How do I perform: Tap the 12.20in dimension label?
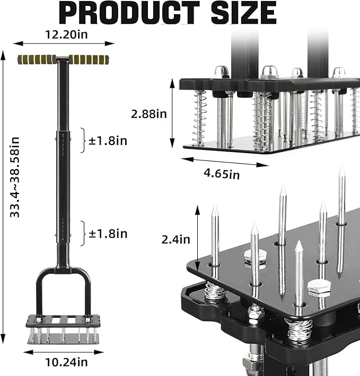pyautogui.click(x=66, y=35)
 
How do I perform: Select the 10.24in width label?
pyautogui.click(x=66, y=362)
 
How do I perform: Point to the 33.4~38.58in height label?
pyautogui.click(x=14, y=177)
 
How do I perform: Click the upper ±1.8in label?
pyautogui.click(x=108, y=141)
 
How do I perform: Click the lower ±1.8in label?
pyautogui.click(x=108, y=234)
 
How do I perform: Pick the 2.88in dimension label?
pyautogui.click(x=149, y=114)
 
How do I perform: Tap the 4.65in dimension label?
pyautogui.click(x=222, y=173)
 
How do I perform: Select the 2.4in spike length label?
pyautogui.click(x=175, y=239)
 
